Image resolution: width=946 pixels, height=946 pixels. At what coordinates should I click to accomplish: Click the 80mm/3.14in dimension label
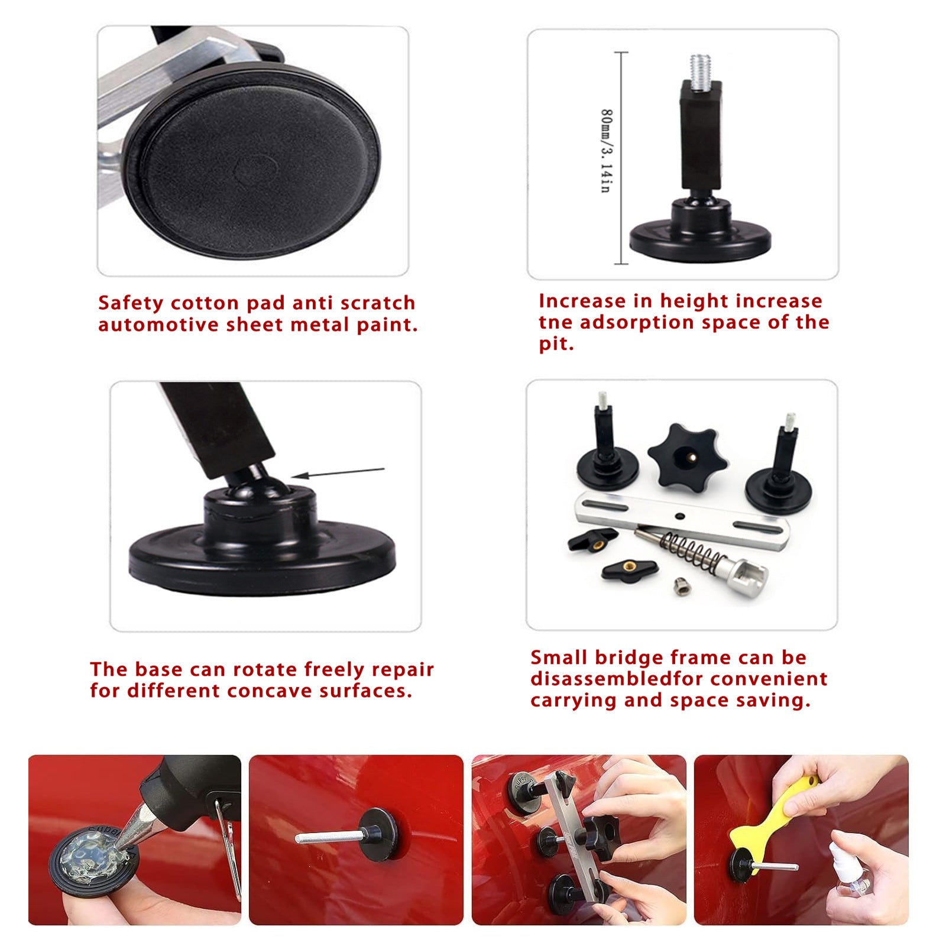[607, 151]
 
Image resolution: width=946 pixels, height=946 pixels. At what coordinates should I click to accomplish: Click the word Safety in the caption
[131, 303]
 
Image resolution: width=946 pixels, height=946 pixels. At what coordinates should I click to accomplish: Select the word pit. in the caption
[556, 344]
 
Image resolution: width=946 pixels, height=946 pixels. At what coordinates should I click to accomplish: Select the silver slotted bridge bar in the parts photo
[683, 519]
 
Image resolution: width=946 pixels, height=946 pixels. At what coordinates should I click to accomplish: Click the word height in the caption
[694, 301]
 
